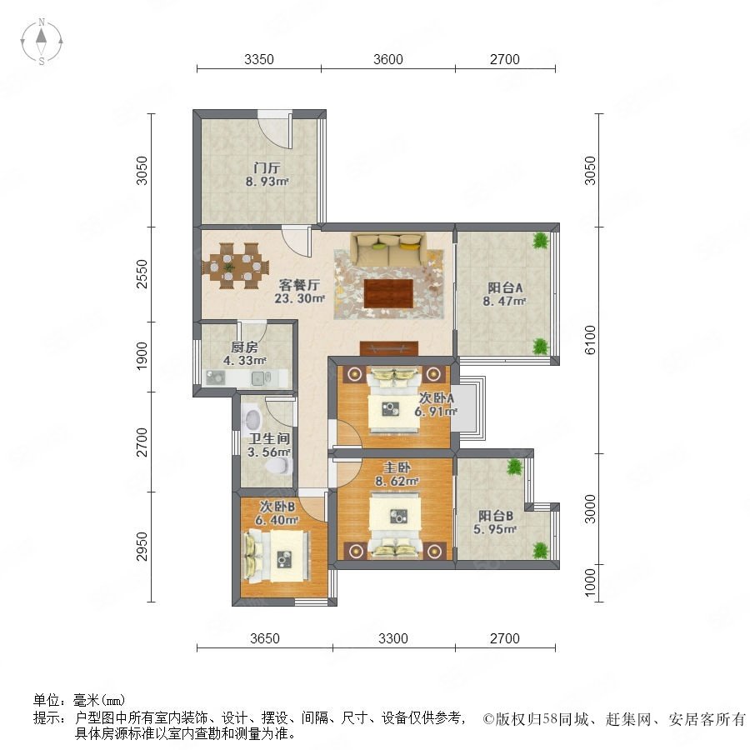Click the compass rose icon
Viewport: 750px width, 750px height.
pos(42,42)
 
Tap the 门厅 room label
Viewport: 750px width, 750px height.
pos(267,167)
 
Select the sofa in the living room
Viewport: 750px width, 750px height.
pos(387,249)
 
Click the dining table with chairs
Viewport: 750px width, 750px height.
pos(235,266)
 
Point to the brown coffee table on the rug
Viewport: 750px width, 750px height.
pos(388,293)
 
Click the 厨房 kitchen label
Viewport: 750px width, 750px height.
pos(244,347)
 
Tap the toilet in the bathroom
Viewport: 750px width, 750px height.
pos(282,466)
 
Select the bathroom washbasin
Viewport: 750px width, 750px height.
pos(252,418)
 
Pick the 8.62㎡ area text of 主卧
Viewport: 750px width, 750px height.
pos(397,481)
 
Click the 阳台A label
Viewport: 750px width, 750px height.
pos(505,288)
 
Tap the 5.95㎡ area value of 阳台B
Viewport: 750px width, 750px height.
pos(495,529)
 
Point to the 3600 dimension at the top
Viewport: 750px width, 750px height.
pos(387,59)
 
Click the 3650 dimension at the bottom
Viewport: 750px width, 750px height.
pos(264,638)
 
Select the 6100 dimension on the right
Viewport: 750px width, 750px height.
pos(591,340)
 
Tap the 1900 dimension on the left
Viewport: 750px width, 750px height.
pos(142,356)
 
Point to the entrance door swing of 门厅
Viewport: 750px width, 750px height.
pos(274,129)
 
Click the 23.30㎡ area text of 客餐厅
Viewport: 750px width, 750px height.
pos(299,298)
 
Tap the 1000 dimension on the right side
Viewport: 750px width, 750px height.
pos(591,582)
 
